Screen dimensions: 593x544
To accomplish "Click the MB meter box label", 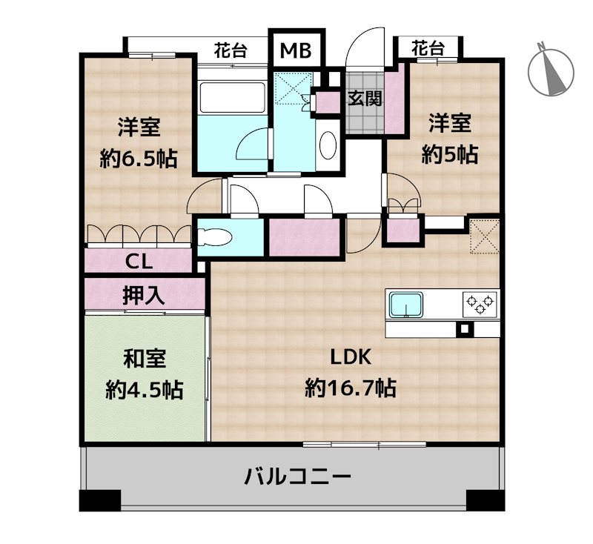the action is [296, 50].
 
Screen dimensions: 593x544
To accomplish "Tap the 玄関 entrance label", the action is [365, 99].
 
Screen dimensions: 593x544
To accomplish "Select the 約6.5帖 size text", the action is [139, 159].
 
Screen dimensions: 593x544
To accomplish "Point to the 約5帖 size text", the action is [450, 154].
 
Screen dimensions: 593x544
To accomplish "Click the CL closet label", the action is [139, 261].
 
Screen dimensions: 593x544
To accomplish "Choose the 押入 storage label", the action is [144, 295].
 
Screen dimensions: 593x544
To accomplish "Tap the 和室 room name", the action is [145, 359].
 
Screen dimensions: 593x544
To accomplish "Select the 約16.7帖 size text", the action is [351, 388].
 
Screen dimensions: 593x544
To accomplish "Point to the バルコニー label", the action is [298, 477].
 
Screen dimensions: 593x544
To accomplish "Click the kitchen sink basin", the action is [406, 305].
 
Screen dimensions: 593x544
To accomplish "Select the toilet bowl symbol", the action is [214, 238].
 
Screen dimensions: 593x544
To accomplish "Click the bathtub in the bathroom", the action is [232, 98].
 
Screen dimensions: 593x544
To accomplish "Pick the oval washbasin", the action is [328, 145].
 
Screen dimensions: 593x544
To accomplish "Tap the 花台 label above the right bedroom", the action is [428, 48].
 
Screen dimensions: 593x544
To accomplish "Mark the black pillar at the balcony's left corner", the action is [100, 500].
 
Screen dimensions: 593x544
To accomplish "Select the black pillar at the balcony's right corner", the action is [486, 500].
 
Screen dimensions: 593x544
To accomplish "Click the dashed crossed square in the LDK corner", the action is [485, 236].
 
